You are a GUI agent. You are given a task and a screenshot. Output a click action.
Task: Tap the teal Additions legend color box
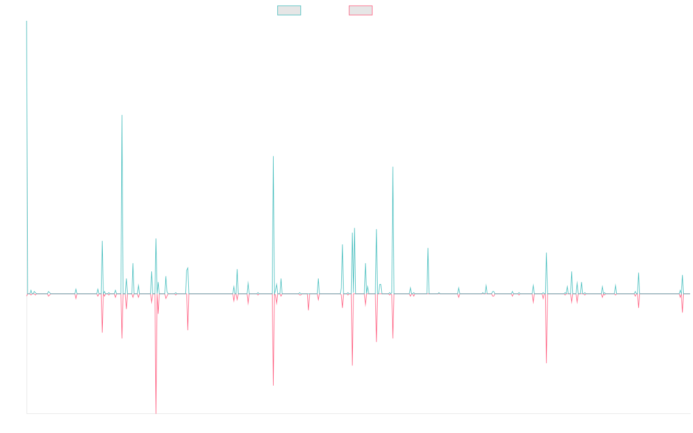(x=289, y=10)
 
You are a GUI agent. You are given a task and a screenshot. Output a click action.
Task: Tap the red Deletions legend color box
(x=360, y=10)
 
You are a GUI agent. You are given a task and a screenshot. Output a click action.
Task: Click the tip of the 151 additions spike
(x=122, y=115)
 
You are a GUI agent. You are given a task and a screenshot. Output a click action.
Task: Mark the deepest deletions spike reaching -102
(x=155, y=413)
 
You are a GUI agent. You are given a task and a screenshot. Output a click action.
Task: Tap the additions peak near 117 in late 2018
(x=273, y=156)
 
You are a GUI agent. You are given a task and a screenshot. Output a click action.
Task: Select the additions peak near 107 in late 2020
(x=393, y=167)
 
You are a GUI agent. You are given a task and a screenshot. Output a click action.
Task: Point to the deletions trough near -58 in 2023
(x=546, y=363)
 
